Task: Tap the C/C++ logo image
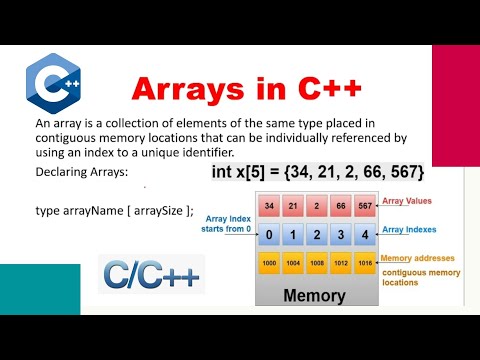click(x=151, y=274)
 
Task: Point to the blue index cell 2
click(x=316, y=236)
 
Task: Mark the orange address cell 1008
click(x=316, y=265)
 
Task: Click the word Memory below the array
click(x=316, y=296)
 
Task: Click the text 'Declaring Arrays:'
click(x=75, y=172)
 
